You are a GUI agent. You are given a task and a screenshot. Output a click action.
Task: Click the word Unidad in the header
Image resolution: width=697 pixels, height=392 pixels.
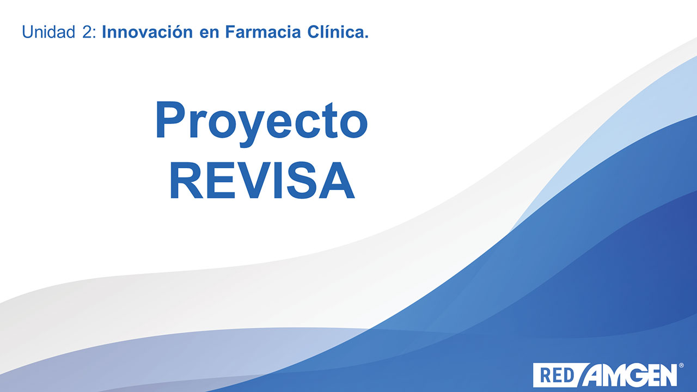[x=48, y=32]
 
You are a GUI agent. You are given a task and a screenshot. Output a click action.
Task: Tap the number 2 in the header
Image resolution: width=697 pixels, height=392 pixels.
[x=87, y=32]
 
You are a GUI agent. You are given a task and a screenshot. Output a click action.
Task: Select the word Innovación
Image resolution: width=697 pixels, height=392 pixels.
[x=148, y=32]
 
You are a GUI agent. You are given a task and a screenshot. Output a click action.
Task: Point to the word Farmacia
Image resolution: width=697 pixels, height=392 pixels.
[x=263, y=32]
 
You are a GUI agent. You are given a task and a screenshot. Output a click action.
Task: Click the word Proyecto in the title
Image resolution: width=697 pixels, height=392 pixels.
[x=261, y=124]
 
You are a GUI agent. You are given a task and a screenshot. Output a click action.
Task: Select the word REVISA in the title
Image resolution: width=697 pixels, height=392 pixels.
[x=262, y=180]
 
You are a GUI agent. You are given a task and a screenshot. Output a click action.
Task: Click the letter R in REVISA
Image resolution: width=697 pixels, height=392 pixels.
[x=186, y=180]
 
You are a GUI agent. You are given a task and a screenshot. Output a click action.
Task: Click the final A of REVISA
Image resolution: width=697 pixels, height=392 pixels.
[x=337, y=180]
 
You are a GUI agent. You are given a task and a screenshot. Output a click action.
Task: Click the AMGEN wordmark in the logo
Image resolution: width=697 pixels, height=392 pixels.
[x=630, y=375]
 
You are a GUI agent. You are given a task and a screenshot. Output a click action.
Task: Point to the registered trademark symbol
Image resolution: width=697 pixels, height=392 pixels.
[x=681, y=365]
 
